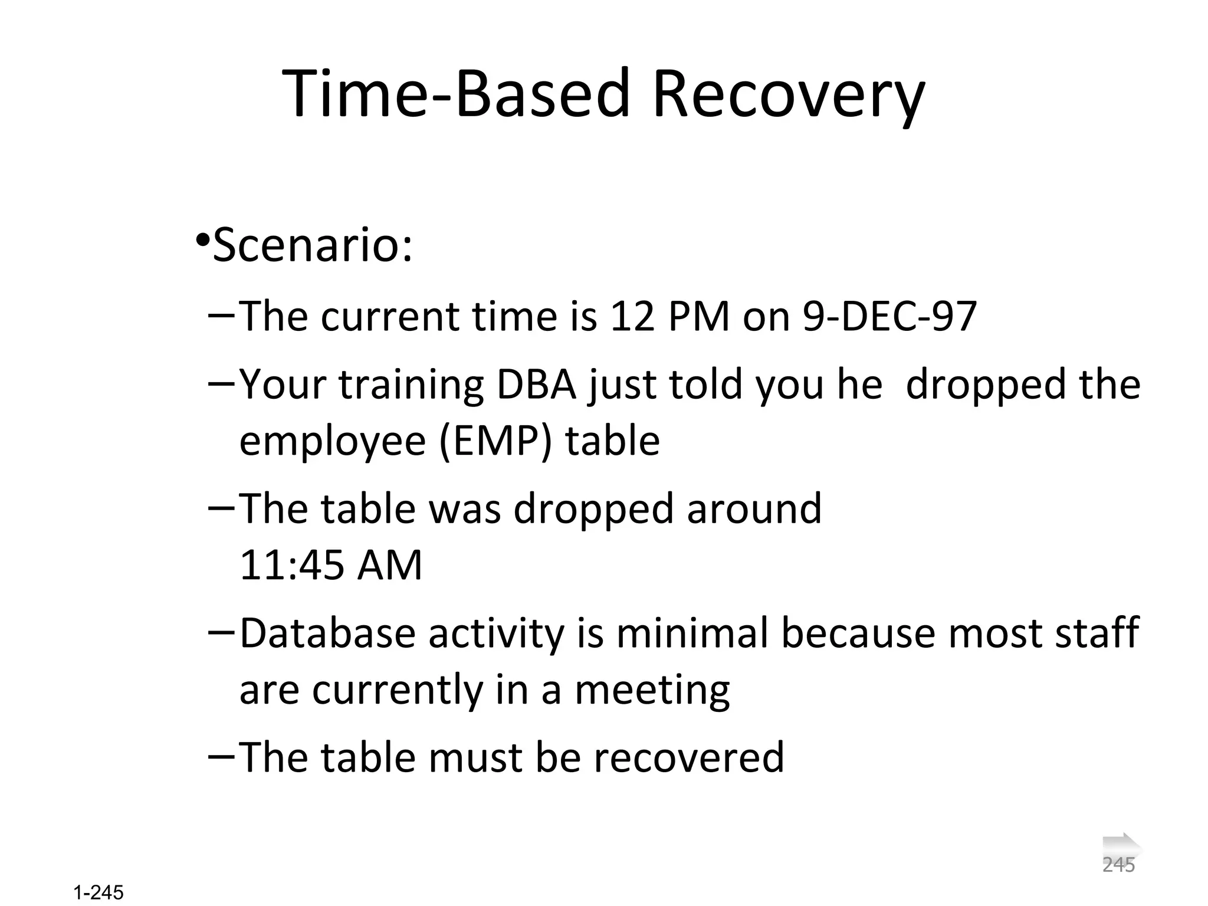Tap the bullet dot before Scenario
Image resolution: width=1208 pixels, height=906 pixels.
coord(202,240)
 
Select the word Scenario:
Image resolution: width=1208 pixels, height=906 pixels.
coord(313,245)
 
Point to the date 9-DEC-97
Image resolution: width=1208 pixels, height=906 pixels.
coord(889,317)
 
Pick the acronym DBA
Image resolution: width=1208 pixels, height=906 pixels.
coord(536,385)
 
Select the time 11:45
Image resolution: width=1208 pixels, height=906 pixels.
coord(291,565)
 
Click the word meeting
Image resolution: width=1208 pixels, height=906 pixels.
coord(652,690)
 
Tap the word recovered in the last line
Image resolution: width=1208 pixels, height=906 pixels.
coord(689,757)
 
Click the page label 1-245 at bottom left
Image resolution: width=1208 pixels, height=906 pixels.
coord(99,892)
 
